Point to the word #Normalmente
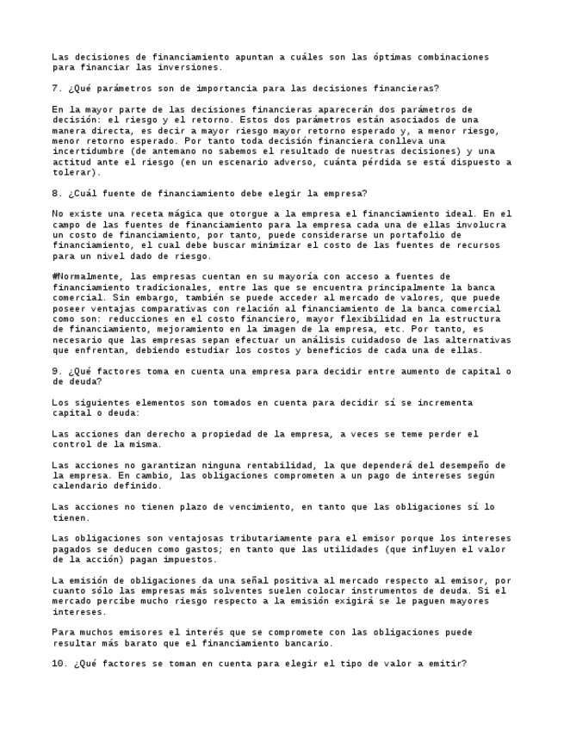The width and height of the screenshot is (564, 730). pyautogui.click(x=85, y=277)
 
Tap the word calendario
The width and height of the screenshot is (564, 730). pyautogui.click(x=80, y=486)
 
